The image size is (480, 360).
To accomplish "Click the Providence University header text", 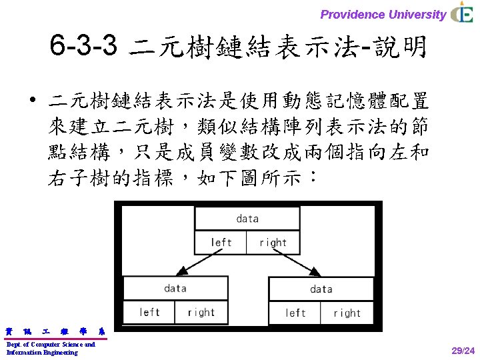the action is pos(383,14).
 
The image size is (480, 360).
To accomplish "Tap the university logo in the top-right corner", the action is pos(462,13).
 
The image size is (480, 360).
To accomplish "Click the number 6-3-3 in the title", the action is pos(83,47).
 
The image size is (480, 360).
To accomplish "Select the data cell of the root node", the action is pos(247,219).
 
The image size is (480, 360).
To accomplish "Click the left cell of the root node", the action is pos(221,242).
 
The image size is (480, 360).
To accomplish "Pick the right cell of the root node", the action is pos(273,242).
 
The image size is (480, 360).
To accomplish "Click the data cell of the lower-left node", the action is pos(175,289).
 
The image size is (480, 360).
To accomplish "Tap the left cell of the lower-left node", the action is pos(149,312).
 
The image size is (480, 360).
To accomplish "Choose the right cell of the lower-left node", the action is pos(201,312).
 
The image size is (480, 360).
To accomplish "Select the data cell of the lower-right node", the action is pos(321,289).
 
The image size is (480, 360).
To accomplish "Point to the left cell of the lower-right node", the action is pos(295,313).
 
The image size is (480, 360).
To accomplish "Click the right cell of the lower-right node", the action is pos(347,313).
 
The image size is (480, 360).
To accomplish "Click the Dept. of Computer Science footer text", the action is pos(51,348).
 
